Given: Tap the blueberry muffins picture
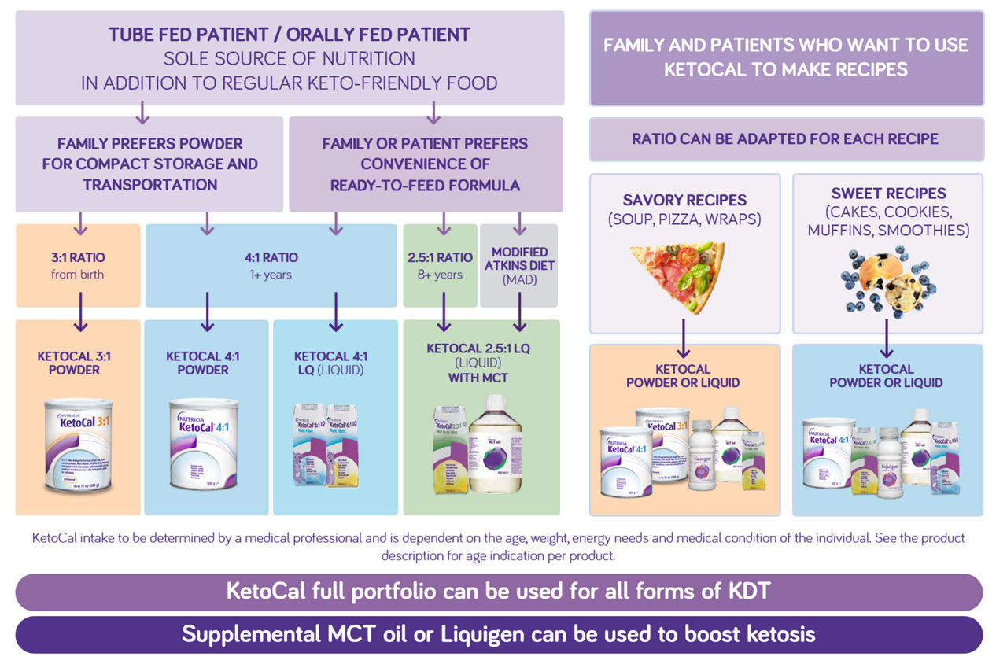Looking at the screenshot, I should (x=887, y=279).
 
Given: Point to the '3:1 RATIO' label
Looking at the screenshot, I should (x=78, y=257).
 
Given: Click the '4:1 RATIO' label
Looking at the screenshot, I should (x=271, y=257).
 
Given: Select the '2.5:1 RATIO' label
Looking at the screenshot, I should (x=440, y=257).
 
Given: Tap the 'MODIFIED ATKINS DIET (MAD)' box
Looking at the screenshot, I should (x=518, y=265).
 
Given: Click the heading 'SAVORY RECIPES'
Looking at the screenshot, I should (x=684, y=200).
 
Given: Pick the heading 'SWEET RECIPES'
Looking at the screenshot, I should (x=888, y=193).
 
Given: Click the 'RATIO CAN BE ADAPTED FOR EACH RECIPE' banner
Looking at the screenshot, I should (x=785, y=139).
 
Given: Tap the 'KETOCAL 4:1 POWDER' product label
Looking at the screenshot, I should (x=203, y=363).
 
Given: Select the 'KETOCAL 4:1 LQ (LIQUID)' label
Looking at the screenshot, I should (x=330, y=363).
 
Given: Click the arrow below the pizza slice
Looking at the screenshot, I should (x=684, y=338).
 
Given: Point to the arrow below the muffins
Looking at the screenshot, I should (x=887, y=338).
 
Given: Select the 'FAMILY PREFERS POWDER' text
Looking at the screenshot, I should (x=149, y=144).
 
